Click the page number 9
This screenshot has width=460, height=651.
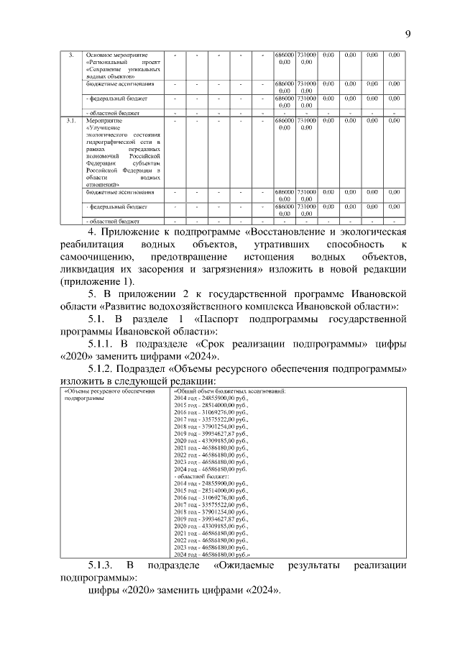(408, 34)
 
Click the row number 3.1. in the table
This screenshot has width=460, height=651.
(70, 121)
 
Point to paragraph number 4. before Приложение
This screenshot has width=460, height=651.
(91, 231)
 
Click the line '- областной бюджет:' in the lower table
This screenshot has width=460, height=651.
(202, 476)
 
